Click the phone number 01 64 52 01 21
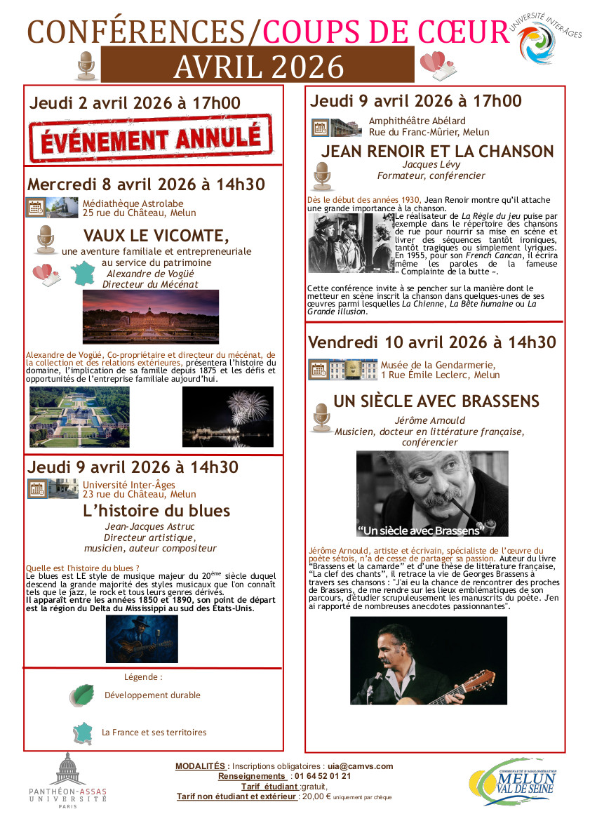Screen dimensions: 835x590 [x=323, y=776]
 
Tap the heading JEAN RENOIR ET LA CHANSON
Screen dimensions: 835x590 [x=437, y=152]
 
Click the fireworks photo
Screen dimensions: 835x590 [x=227, y=417]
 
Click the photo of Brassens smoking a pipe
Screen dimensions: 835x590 [x=432, y=493]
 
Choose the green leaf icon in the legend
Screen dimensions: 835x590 [x=82, y=695]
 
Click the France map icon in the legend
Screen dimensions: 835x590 [x=83, y=733]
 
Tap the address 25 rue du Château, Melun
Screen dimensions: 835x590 [x=139, y=213]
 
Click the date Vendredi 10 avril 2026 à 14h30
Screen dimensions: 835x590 [x=431, y=342]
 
